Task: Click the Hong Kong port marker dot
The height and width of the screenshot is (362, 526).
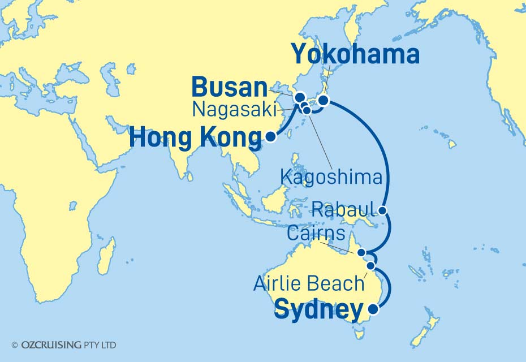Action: pyautogui.click(x=271, y=136)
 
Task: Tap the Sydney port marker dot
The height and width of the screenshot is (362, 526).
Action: pyautogui.click(x=373, y=309)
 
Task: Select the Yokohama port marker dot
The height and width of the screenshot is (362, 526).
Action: pyautogui.click(x=323, y=101)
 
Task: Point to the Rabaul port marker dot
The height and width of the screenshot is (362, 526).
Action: pyautogui.click(x=383, y=212)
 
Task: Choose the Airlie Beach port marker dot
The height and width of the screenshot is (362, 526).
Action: pyautogui.click(x=371, y=265)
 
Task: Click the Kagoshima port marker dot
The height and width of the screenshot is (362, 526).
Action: pyautogui.click(x=307, y=110)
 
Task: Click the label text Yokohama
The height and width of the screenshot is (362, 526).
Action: pyautogui.click(x=355, y=55)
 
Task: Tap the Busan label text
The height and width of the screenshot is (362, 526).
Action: pyautogui.click(x=229, y=88)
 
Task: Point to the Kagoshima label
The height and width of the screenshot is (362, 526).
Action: pyautogui.click(x=331, y=178)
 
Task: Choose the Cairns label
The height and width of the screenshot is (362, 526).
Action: pyautogui.click(x=314, y=234)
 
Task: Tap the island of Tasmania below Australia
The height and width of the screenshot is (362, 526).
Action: pyautogui.click(x=359, y=334)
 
